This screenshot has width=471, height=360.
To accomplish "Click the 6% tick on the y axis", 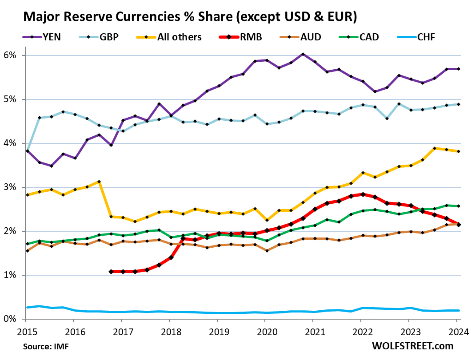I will coord(11,55).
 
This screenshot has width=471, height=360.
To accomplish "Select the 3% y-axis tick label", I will coord(11,187).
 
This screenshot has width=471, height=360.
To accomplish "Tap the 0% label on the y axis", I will coord(11,319).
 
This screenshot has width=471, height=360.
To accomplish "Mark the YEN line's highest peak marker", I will coord(302,54).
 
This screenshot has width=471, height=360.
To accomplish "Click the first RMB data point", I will coord(111,271).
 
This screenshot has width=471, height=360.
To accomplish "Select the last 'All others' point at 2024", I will coord(458,151).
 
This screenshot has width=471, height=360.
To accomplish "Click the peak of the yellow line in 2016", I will coord(99,182).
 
